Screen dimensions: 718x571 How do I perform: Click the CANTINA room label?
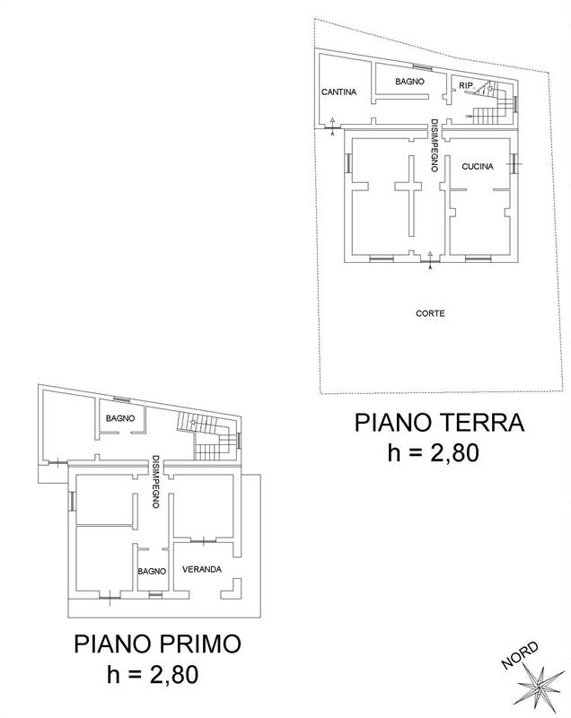339,92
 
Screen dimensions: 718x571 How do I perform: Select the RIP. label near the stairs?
466,85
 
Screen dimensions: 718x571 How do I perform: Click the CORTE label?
431,313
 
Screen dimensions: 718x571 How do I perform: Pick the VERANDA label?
202,569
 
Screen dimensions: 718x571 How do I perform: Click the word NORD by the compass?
521,655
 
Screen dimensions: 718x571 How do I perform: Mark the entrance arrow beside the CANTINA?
333,126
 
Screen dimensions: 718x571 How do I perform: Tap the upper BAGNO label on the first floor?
119,418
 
